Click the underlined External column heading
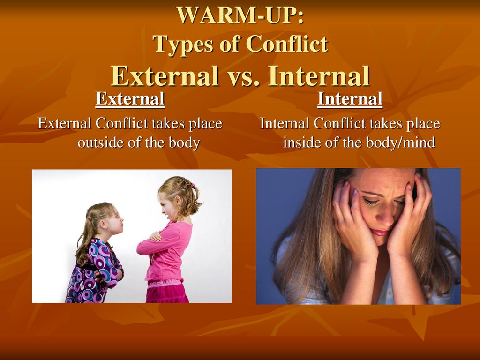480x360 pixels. click(x=130, y=99)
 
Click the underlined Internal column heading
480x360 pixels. click(x=350, y=99)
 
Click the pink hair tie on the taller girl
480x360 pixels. click(x=193, y=185)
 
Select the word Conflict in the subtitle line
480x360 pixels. click(x=287, y=44)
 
